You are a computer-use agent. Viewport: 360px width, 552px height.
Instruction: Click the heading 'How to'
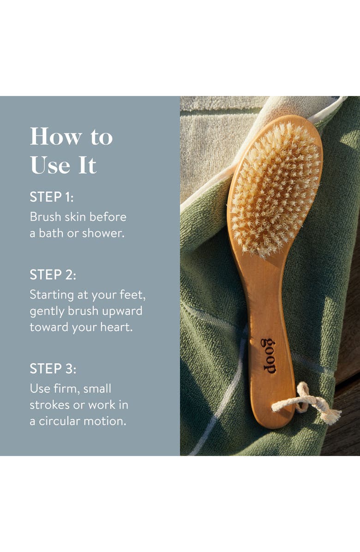(x=71, y=137)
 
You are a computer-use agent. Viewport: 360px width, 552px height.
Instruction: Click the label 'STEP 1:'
(x=52, y=197)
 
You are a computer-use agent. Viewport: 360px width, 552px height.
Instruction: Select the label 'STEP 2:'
(x=53, y=275)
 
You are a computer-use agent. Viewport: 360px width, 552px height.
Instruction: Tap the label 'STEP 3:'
(x=53, y=368)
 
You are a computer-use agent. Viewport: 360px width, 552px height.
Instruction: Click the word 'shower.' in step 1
(x=103, y=234)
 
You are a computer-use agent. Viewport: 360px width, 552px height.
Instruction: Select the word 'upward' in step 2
(x=122, y=311)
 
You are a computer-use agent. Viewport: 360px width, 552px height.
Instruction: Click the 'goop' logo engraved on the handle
(x=270, y=355)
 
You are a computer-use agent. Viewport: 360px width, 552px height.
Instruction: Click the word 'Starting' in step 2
(x=52, y=295)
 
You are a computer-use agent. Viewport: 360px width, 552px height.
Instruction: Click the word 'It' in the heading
(x=87, y=165)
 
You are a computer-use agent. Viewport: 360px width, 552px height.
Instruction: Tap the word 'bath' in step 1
(x=50, y=234)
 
